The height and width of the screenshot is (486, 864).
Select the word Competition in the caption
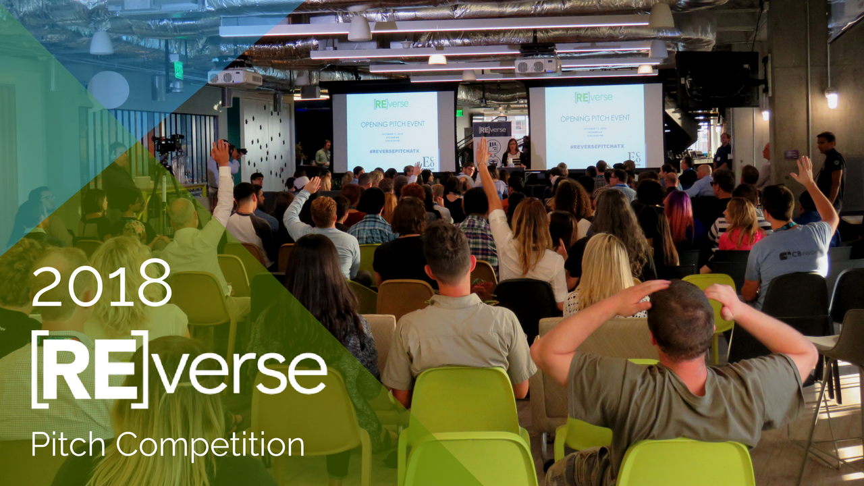pyautogui.click(x=210, y=446)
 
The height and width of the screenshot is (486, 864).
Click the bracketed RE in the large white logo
pyautogui.click(x=90, y=369)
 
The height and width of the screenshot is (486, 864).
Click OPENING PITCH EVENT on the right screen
pyautogui.click(x=594, y=118)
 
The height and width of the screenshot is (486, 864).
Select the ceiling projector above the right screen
pyautogui.click(x=537, y=65)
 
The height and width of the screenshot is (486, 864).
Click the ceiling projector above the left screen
pyautogui.click(x=234, y=77)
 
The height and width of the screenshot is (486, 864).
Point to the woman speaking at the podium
pyautogui.click(x=512, y=153)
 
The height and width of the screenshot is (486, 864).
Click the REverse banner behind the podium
pyautogui.click(x=491, y=138)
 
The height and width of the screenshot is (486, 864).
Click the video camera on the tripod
pyautogui.click(x=167, y=144)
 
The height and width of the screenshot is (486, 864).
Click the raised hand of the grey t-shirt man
pyautogui.click(x=803, y=170)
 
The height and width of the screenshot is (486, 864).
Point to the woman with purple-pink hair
pyautogui.click(x=679, y=216)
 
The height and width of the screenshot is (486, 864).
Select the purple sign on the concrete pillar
pyautogui.click(x=791, y=155)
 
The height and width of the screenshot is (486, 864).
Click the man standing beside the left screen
pyautogui.click(x=324, y=154)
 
